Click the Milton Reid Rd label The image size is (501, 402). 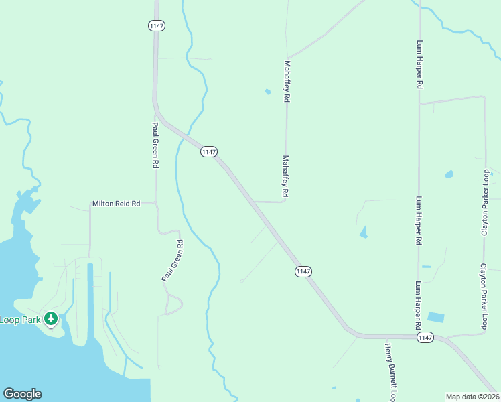[116, 203]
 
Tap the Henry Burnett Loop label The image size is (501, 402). [390, 371]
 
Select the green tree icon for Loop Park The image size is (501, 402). [50, 318]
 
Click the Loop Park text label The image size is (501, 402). [20, 320]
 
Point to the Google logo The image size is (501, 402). [22, 394]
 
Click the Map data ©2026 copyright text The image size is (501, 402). [472, 397]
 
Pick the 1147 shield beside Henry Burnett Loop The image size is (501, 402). [425, 338]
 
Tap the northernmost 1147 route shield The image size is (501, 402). [156, 25]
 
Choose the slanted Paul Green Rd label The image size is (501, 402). [172, 260]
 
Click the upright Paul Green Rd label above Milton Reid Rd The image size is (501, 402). [155, 145]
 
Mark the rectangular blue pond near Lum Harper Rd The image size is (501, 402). [435, 317]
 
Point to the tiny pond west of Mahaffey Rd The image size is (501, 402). [268, 92]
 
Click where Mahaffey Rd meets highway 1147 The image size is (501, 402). [254, 201]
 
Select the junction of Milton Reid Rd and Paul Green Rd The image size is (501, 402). [155, 202]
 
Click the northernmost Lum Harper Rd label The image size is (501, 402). [420, 65]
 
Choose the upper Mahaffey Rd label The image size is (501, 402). [287, 81]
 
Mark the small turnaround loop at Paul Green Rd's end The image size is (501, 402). [173, 305]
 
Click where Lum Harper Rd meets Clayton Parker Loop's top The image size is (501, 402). [419, 104]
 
